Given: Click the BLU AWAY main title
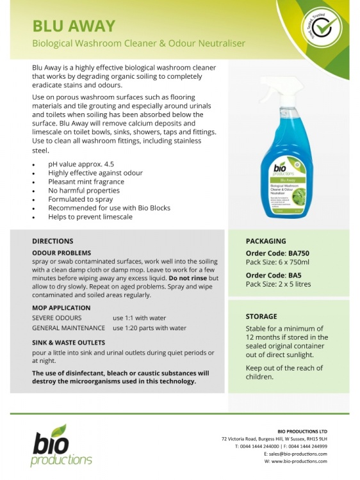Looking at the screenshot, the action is click(x=74, y=26).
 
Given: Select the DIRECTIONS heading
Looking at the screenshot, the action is click(x=53, y=241).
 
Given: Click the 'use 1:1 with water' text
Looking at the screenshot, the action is click(x=139, y=318).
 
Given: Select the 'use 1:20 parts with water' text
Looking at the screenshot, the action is click(x=149, y=328).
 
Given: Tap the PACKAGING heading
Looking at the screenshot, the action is click(x=266, y=241).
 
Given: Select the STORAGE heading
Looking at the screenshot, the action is click(x=261, y=316).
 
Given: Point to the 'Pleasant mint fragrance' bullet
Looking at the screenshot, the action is click(x=86, y=182).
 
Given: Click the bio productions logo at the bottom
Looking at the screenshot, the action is click(x=62, y=445).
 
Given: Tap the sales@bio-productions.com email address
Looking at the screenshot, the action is click(x=299, y=453).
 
